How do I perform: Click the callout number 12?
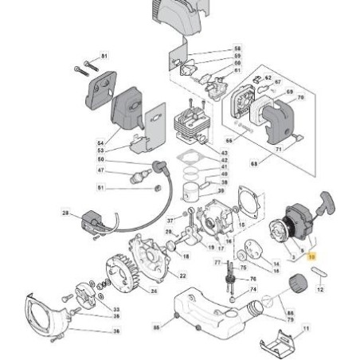pyautogui.click(x=320, y=289)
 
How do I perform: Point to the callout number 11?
pyautogui.click(x=307, y=328)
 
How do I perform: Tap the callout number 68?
pyautogui.click(x=276, y=165)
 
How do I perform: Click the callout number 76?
pyautogui.click(x=253, y=279)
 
